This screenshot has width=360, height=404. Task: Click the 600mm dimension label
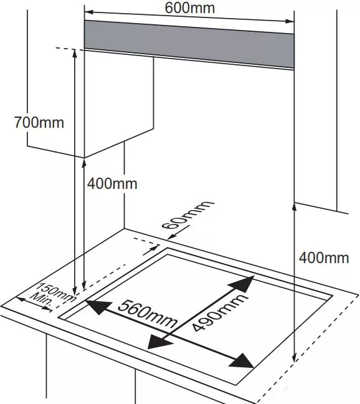point(189,7)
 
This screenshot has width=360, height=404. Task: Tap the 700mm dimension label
point(39,122)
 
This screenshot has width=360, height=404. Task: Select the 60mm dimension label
point(187,215)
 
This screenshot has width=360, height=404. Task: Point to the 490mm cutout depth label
point(220,312)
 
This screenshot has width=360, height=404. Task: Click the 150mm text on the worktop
point(56,292)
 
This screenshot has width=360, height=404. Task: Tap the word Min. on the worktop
point(41,300)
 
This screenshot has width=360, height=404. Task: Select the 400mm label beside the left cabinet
point(112,184)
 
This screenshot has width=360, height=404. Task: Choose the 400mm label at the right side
point(324,257)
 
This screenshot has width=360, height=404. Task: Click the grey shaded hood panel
point(189,44)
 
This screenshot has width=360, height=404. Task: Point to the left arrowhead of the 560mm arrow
point(97,307)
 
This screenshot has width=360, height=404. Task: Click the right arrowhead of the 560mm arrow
point(242,361)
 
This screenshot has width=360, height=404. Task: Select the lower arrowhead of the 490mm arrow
point(159,342)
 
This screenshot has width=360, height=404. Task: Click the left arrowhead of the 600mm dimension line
point(88,12)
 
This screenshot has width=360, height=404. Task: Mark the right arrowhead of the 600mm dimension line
point(290,21)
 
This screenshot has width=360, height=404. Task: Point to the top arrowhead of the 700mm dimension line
point(75,53)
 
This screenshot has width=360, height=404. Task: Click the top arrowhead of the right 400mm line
point(295,207)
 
